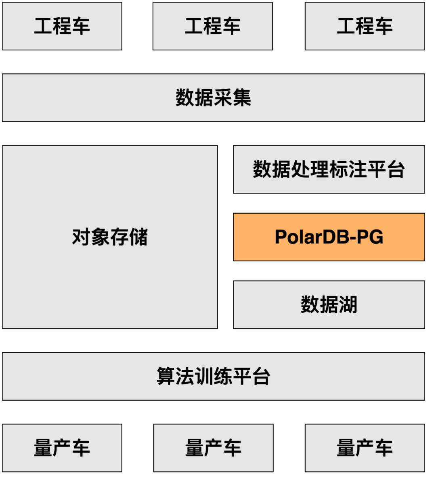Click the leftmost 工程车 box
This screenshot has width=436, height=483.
click(x=62, y=26)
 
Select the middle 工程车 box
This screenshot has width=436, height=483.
click(x=213, y=26)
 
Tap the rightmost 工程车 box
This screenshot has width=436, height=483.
click(x=365, y=26)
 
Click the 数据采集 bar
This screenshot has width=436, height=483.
click(x=213, y=98)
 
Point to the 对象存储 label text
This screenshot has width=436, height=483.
click(x=110, y=237)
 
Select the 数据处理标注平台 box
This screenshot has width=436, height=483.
click(x=329, y=169)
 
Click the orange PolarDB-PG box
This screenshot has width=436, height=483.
click(x=329, y=237)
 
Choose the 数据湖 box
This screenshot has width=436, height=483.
click(x=329, y=305)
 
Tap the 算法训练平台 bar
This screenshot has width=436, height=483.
click(x=213, y=376)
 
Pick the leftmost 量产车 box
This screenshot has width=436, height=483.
click(x=62, y=448)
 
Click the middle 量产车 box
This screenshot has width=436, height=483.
click(x=213, y=448)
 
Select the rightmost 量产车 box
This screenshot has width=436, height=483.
click(x=365, y=448)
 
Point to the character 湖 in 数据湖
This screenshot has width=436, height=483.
click(x=348, y=305)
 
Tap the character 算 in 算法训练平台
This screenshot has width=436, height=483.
click(x=166, y=376)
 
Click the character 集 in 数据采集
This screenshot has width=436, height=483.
click(x=242, y=98)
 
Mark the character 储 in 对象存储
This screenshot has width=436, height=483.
click(x=138, y=237)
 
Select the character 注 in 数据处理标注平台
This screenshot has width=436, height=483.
click(x=358, y=169)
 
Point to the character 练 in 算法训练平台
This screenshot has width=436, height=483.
click(x=223, y=376)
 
